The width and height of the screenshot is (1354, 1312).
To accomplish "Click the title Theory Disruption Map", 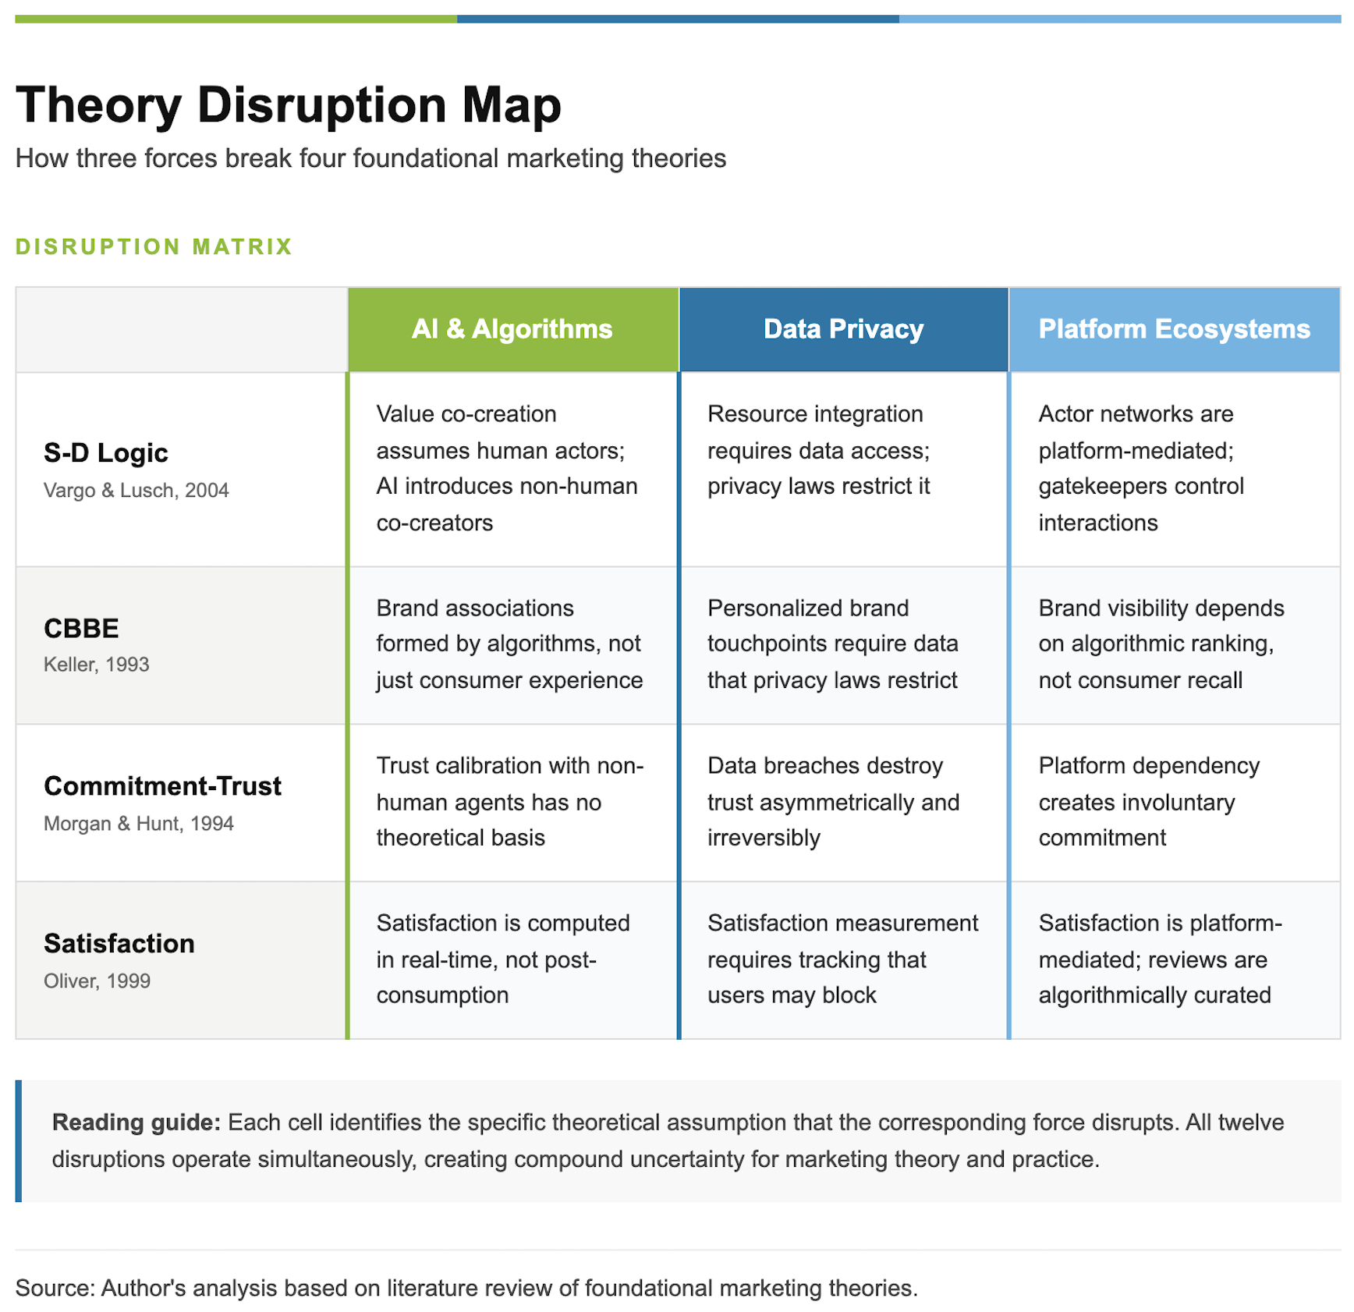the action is tap(289, 105).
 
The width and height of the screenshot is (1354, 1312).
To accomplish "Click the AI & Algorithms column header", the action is tap(512, 329).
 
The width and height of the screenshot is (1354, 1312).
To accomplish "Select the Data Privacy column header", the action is tap(843, 329).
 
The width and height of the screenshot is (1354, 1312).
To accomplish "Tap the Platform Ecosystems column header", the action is tap(1175, 329).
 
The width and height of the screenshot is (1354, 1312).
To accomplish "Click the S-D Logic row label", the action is tap(106, 453).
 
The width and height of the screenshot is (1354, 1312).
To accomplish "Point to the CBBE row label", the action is tap(81, 628).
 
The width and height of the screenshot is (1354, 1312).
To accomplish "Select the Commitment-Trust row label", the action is tap(162, 785).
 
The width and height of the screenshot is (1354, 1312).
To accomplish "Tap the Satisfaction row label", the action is tap(119, 943).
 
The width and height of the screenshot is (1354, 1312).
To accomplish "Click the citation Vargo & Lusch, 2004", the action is tap(136, 491).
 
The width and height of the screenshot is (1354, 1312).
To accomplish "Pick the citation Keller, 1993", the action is tap(97, 665).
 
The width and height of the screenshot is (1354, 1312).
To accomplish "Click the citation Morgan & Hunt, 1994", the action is tap(139, 824).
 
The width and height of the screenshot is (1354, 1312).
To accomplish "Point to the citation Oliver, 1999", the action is tap(97, 981).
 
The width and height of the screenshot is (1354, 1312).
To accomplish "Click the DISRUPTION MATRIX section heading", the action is tap(154, 246).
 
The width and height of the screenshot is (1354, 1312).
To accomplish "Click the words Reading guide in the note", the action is tap(136, 1122).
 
